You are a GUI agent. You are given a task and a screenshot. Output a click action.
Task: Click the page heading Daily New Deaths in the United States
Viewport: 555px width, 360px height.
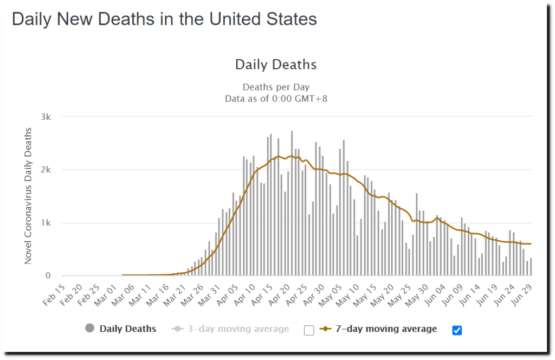pyautogui.click(x=164, y=20)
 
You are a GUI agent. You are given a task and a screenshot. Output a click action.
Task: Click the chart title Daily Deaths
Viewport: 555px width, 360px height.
pyautogui.click(x=275, y=65)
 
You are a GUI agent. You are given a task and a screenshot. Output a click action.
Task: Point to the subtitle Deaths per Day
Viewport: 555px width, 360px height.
pyautogui.click(x=276, y=87)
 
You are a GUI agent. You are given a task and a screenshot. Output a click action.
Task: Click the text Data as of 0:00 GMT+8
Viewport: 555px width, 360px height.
pyautogui.click(x=276, y=99)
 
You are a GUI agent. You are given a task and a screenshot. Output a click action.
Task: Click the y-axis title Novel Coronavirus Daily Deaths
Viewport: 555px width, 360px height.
pyautogui.click(x=28, y=196)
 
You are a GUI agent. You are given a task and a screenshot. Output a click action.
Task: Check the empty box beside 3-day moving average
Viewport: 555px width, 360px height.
pyautogui.click(x=309, y=330)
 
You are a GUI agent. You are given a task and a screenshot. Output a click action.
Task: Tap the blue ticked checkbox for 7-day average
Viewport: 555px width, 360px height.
pyautogui.click(x=457, y=330)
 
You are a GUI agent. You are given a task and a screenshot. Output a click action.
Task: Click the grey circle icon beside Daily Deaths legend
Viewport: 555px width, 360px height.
pyautogui.click(x=90, y=329)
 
